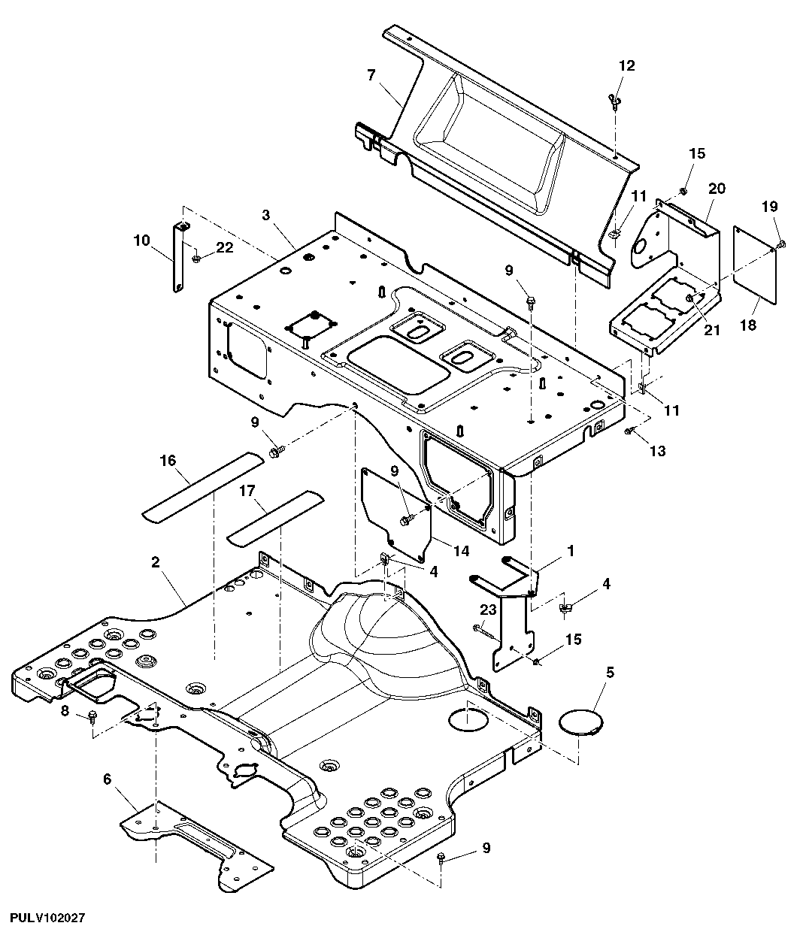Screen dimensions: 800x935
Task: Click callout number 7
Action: (x=371, y=75)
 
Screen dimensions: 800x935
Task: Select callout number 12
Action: (x=627, y=65)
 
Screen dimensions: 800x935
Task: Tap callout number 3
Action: (x=265, y=215)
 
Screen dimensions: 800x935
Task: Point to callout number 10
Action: (x=141, y=241)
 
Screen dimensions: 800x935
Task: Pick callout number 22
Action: (x=224, y=247)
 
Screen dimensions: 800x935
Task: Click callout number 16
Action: (x=168, y=461)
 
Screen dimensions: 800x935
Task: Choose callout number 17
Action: (x=247, y=491)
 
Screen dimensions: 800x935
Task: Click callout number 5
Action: (x=610, y=672)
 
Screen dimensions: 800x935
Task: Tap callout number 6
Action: (x=107, y=779)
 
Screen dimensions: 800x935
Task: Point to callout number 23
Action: (x=488, y=610)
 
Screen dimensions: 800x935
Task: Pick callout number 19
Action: (x=770, y=207)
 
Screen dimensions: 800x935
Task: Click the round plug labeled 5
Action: (x=581, y=722)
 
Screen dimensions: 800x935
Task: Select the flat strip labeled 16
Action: (x=203, y=488)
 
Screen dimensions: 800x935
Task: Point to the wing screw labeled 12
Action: (x=614, y=99)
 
